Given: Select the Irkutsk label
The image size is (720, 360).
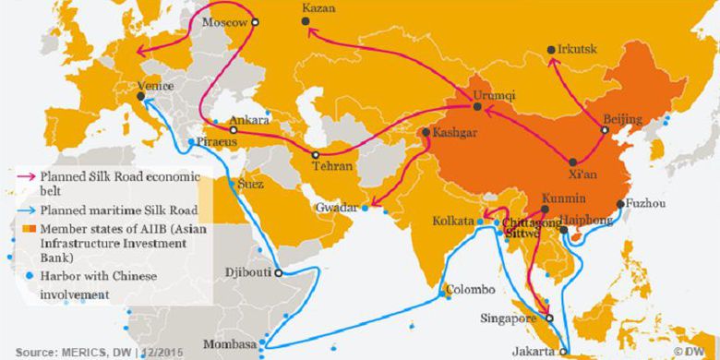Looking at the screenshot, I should tap(578, 47).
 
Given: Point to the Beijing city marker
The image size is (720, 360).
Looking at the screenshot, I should tap(605, 130).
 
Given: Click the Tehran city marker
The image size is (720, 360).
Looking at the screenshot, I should tap(316, 155).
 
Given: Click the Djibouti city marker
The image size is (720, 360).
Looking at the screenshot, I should tap(278, 273).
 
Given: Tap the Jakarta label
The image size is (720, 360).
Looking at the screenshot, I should tap(534, 351).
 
